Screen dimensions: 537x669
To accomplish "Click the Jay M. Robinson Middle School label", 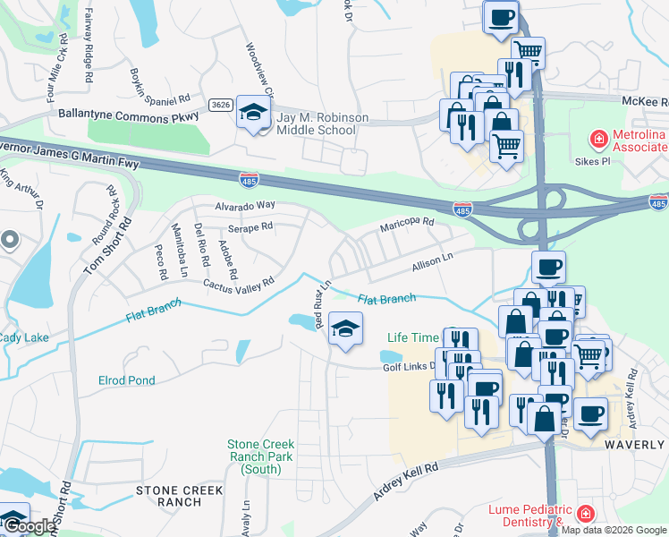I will [x=316, y=124].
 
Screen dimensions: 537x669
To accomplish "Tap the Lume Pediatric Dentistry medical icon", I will [x=584, y=514].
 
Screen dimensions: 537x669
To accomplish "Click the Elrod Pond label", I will [x=126, y=380].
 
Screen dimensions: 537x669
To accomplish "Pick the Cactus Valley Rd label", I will [x=238, y=284].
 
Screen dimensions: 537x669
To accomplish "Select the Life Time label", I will [x=413, y=337].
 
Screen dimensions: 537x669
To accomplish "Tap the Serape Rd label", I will [x=250, y=228].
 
